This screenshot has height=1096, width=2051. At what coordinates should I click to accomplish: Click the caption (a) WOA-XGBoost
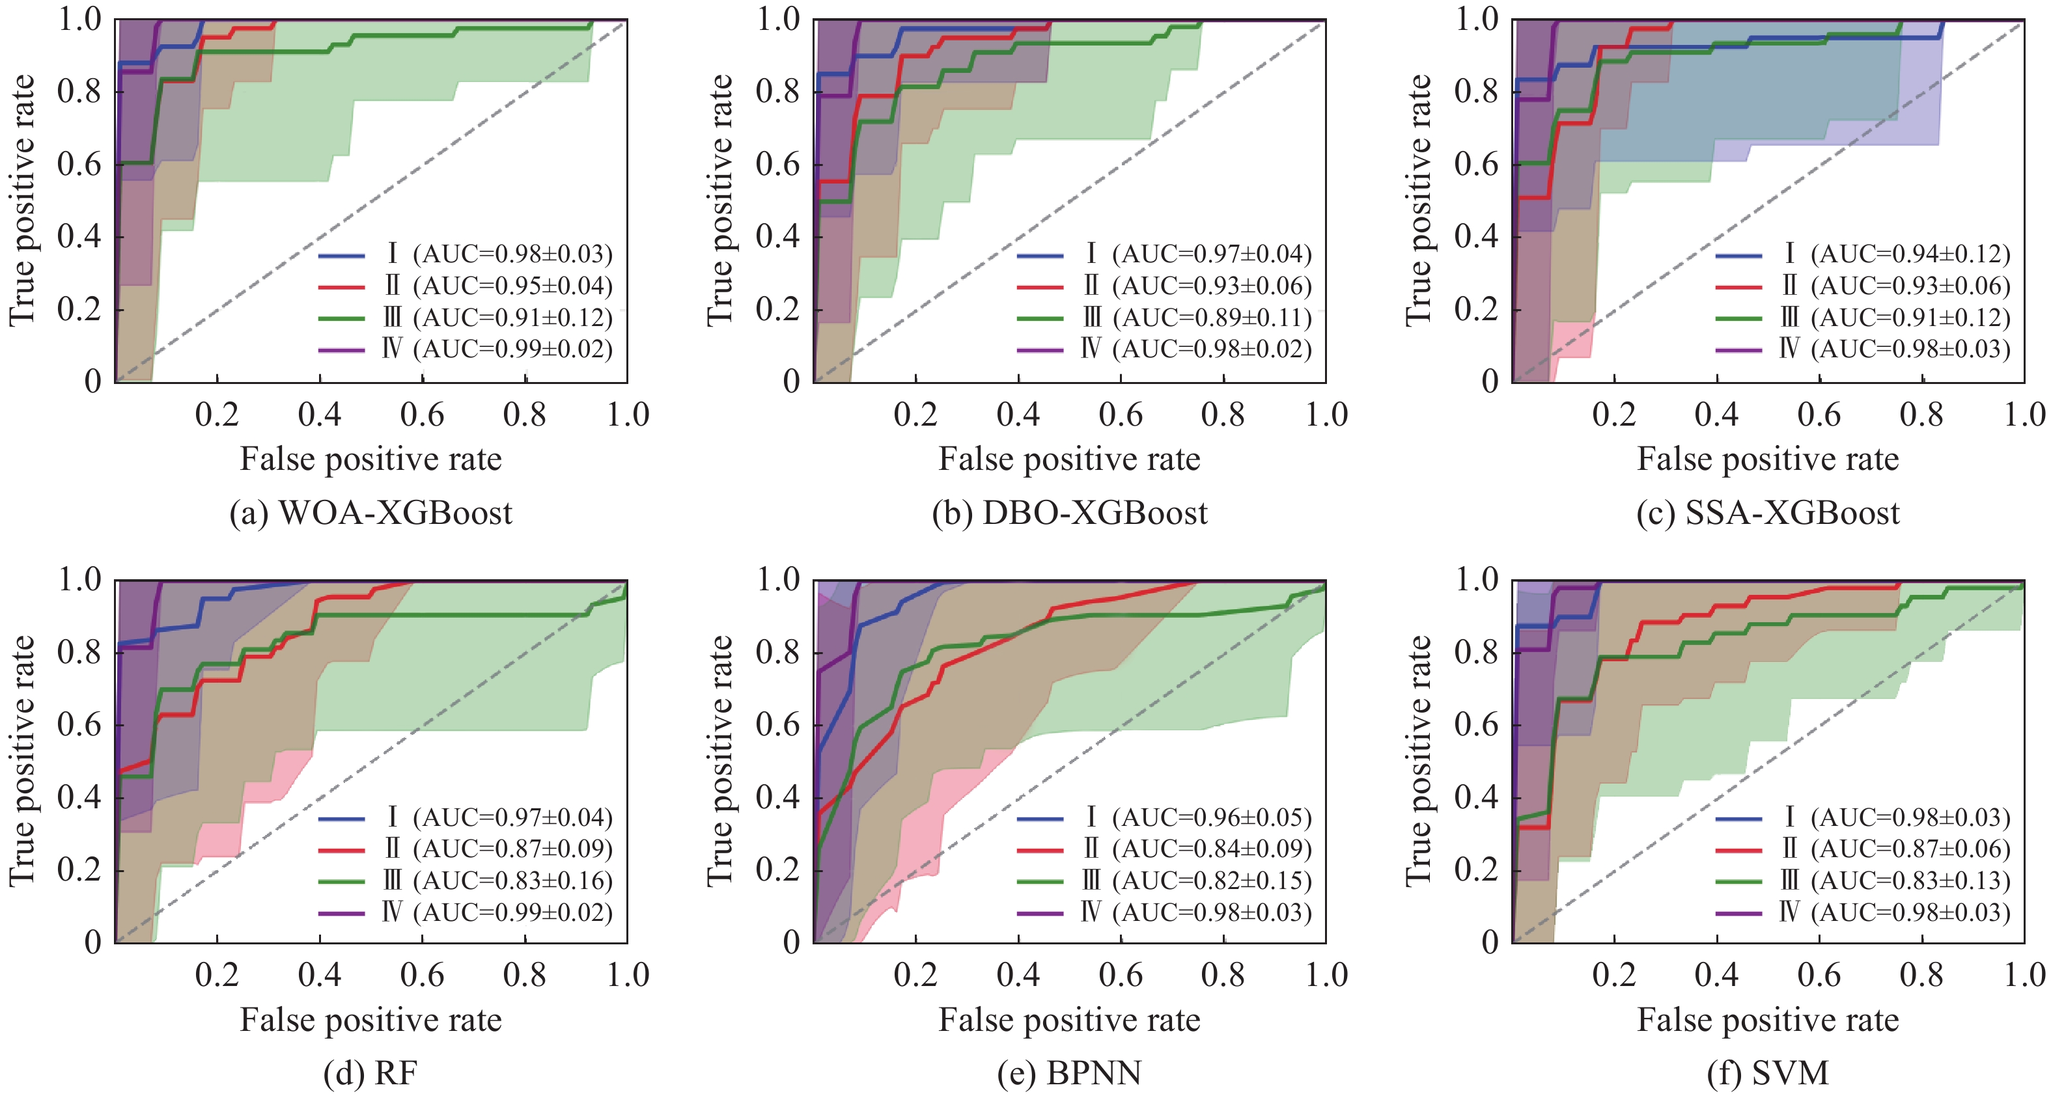(x=370, y=514)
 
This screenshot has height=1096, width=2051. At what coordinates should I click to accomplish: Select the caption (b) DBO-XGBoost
(x=1069, y=514)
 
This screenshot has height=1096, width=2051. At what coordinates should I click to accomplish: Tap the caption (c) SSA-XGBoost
(x=1768, y=514)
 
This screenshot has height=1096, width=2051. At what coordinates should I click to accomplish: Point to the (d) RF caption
(x=370, y=1074)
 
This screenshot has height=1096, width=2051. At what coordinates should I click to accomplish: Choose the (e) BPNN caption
(x=1069, y=1074)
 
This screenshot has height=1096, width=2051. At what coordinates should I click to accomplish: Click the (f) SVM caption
(x=1768, y=1074)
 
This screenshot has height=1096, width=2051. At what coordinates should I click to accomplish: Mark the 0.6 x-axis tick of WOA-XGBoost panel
(x=422, y=415)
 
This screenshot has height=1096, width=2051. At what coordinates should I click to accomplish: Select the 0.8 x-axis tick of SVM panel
(x=1921, y=975)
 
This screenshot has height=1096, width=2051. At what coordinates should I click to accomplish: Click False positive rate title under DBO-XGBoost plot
(x=1069, y=459)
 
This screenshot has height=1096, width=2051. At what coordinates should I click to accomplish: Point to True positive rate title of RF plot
(x=22, y=760)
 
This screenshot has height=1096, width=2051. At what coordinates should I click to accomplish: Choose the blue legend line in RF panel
(x=342, y=818)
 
